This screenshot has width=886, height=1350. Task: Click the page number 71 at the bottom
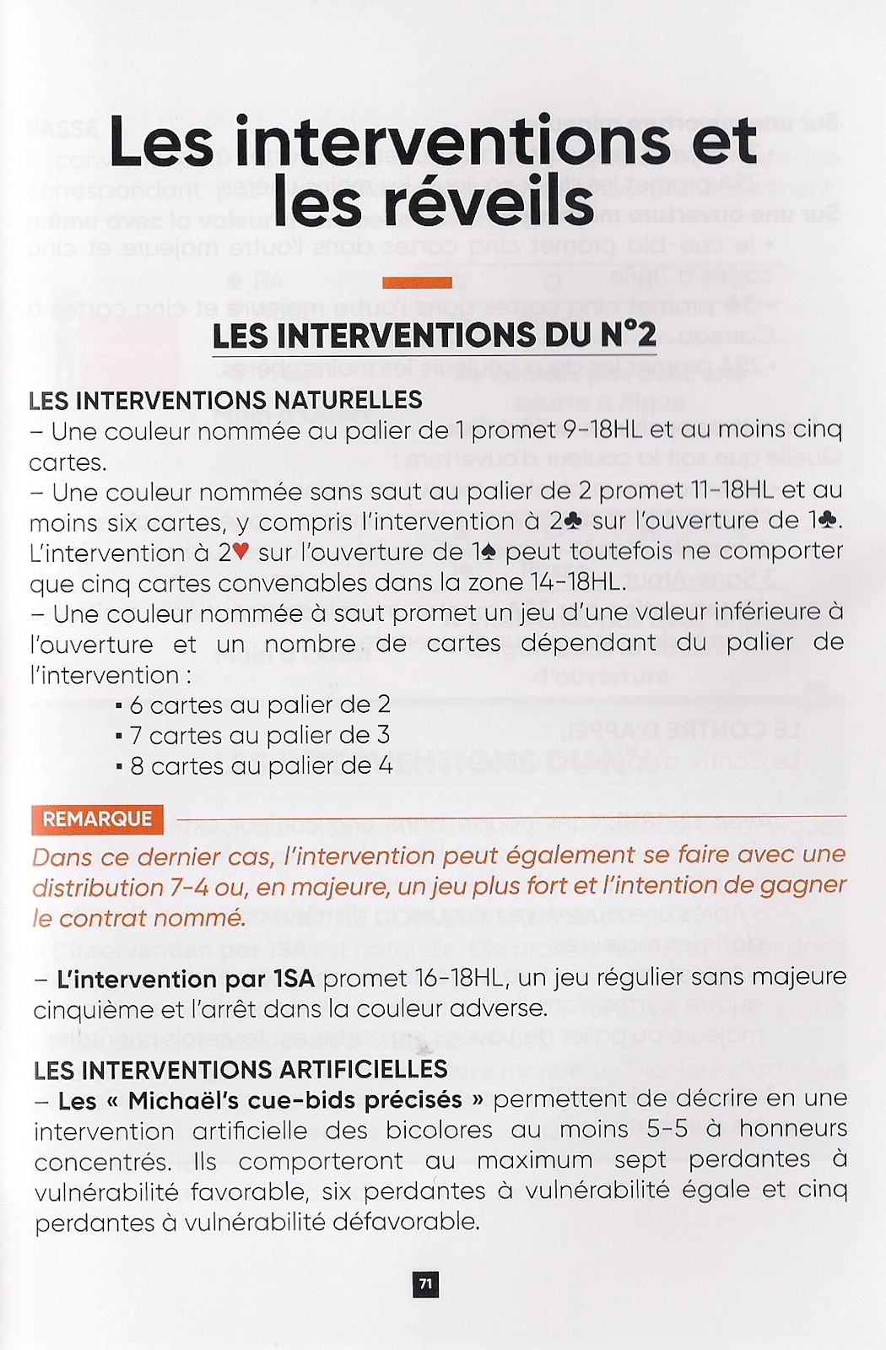pos(426,1284)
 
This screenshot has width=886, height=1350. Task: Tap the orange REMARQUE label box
pos(97,819)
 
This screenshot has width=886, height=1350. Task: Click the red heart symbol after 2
pos(240,553)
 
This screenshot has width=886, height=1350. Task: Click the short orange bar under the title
pos(417,283)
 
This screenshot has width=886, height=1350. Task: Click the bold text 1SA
pos(294,979)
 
